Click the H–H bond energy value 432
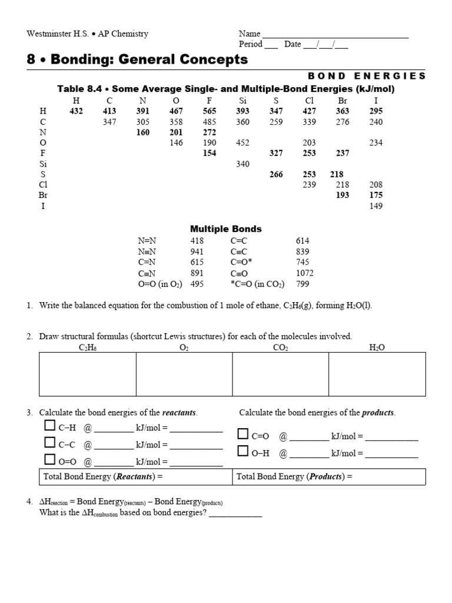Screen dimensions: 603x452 [76, 111]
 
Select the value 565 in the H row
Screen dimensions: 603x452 [210, 111]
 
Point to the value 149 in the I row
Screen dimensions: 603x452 [375, 206]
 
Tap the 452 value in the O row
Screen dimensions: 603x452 [242, 143]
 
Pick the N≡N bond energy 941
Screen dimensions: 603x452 [197, 251]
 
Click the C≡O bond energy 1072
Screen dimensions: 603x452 [304, 273]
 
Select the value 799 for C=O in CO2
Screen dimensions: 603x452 [302, 284]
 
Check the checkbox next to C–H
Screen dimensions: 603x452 [49, 426]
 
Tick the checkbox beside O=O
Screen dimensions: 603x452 [49, 459]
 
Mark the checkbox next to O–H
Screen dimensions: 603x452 [243, 451]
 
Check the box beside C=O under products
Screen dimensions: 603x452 [243, 435]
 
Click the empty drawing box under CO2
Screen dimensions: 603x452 [281, 374]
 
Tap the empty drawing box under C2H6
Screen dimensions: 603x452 [87, 374]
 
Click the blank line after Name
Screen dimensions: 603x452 [335, 34]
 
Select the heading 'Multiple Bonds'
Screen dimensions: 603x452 [225, 228]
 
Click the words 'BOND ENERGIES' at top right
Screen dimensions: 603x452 [366, 76]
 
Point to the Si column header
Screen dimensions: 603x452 [242, 101]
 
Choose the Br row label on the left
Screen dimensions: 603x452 [43, 195]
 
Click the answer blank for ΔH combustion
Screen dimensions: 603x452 [235, 513]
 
